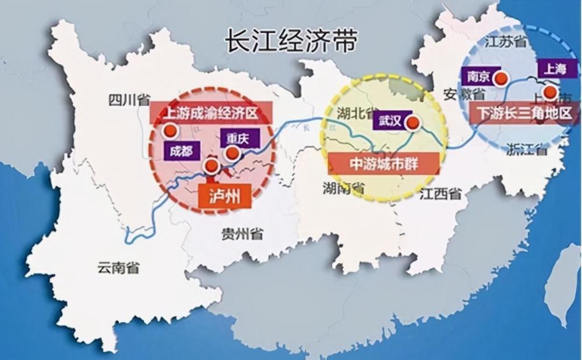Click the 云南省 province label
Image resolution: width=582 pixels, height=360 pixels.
tap(118, 268)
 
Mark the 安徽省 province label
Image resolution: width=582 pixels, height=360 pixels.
tap(464, 94)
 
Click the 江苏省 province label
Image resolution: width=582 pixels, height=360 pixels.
tap(505, 41)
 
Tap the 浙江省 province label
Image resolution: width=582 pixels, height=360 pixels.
tap(527, 149)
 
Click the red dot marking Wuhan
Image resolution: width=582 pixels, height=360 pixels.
tap(413, 122)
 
